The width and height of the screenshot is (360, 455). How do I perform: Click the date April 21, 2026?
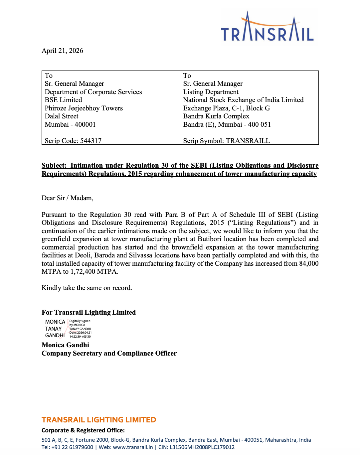point(62,51)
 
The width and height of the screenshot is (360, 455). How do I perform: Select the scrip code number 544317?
point(91,141)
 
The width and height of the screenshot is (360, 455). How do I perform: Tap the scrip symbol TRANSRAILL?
point(248,141)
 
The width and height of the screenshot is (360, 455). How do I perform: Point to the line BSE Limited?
point(63,100)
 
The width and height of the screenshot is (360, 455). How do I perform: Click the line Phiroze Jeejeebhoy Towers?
point(84,108)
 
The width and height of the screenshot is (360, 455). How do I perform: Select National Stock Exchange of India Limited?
point(243,100)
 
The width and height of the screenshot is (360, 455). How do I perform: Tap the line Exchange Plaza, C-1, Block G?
point(226,108)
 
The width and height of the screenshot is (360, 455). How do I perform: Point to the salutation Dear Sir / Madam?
point(67,198)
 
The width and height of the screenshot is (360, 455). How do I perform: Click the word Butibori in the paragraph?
point(211,239)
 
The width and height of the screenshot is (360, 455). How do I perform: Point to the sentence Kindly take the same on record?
point(87,288)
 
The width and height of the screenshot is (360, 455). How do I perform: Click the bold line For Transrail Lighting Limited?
point(89,312)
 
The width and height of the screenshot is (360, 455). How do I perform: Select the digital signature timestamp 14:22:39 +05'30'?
point(80,337)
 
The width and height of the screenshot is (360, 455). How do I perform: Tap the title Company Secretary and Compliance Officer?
point(109,353)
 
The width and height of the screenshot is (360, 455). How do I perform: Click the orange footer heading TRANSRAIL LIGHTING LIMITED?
point(98,420)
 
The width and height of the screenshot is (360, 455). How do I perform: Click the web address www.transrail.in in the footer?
point(133,447)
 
